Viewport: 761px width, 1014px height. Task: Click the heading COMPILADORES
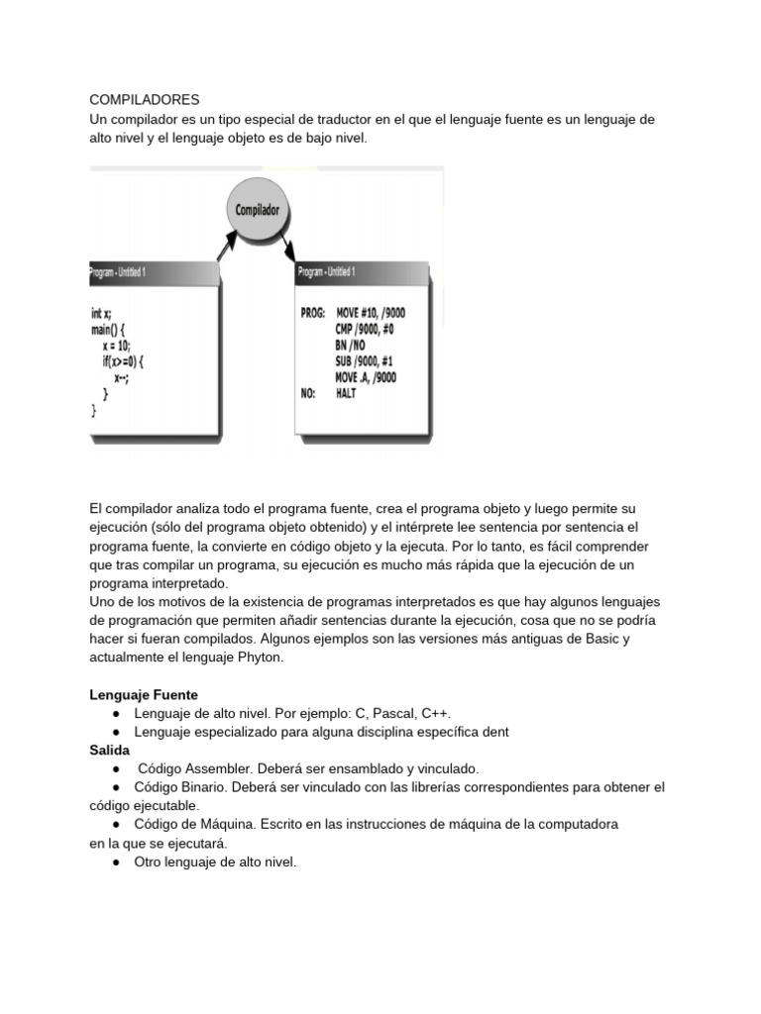tap(145, 100)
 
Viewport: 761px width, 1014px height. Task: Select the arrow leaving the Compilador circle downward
tap(286, 243)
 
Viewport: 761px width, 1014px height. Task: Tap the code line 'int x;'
tap(102, 313)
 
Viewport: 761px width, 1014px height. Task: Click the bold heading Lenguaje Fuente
tap(144, 695)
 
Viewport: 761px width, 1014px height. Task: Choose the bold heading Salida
tap(109, 751)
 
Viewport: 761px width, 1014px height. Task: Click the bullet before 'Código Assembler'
tap(117, 769)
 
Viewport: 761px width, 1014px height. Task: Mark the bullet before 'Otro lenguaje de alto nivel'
tap(117, 862)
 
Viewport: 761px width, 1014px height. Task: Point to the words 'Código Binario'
tap(176, 787)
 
